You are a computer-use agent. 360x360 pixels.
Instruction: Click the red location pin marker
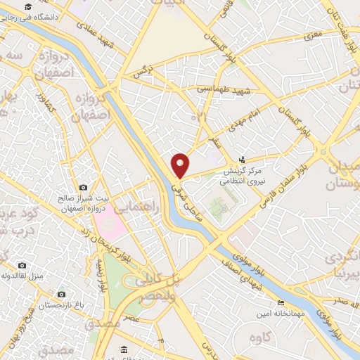[x=181, y=165]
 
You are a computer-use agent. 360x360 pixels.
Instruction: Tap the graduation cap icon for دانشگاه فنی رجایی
[x=27, y=7]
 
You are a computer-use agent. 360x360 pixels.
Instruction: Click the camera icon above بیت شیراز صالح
[x=84, y=188]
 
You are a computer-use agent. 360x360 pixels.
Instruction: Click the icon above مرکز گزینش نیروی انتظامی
[x=243, y=160]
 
